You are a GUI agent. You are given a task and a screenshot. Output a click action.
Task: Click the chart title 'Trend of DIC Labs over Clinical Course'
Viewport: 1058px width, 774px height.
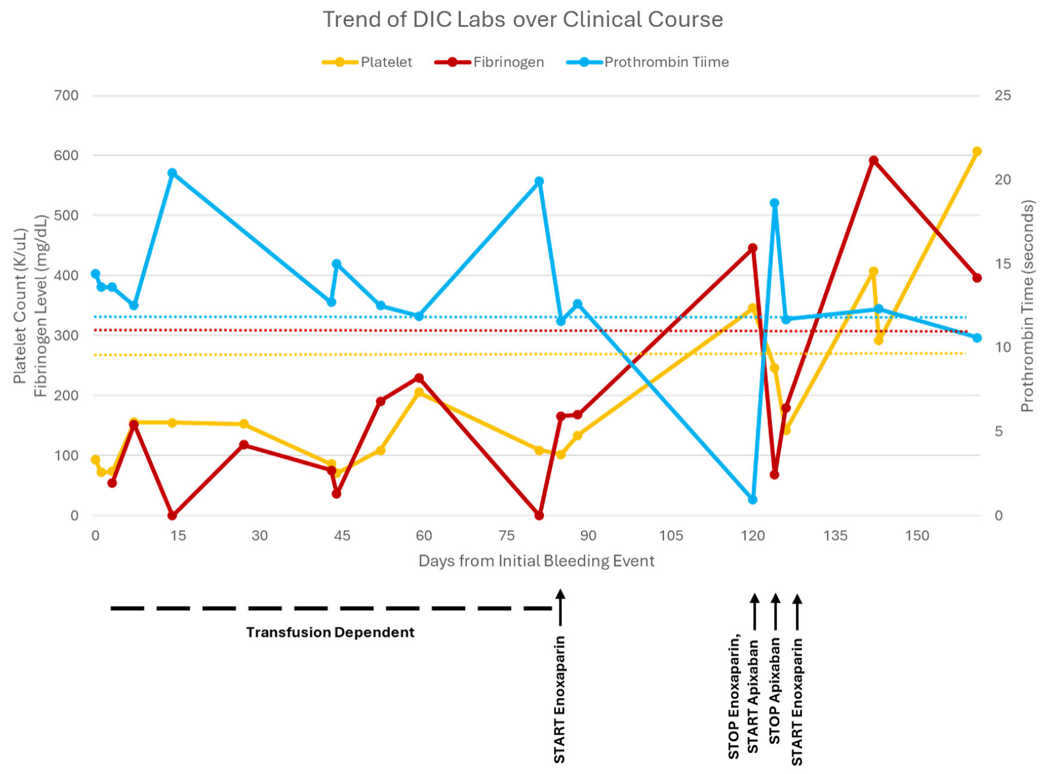coord(522,20)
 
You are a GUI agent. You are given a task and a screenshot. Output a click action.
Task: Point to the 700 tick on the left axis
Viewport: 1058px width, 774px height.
coord(66,96)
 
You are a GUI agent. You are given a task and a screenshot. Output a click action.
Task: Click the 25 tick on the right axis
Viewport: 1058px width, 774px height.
coord(1002,96)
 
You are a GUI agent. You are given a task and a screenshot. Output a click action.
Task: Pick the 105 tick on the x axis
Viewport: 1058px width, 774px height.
coord(671,536)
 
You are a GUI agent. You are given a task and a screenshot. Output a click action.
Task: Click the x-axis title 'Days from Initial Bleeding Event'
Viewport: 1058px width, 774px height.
coord(536,561)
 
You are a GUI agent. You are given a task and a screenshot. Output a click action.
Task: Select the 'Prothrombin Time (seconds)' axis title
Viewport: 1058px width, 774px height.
coord(1027,306)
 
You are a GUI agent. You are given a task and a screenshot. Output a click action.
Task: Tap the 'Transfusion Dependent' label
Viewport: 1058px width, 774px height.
coord(330,632)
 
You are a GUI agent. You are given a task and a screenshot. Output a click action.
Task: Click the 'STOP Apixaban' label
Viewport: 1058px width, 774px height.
coord(775,690)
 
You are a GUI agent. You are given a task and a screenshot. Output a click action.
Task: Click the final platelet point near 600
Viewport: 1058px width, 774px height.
coord(977,152)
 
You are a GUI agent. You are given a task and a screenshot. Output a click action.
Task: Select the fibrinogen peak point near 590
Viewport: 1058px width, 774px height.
coord(874,161)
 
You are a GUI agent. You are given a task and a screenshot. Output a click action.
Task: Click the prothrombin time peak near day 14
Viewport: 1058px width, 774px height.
coord(172,173)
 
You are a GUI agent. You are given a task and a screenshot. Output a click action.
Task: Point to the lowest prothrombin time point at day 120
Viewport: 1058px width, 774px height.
coord(752,499)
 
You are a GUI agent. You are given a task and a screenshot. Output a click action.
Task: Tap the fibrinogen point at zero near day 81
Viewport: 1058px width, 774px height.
coord(539,515)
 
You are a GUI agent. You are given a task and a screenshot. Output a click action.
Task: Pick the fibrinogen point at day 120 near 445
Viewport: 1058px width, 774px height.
coord(752,248)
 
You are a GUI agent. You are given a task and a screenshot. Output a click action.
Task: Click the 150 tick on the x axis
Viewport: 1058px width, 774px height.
coord(917,536)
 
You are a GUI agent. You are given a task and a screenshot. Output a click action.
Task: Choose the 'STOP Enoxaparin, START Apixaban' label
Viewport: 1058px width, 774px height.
coord(743,696)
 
